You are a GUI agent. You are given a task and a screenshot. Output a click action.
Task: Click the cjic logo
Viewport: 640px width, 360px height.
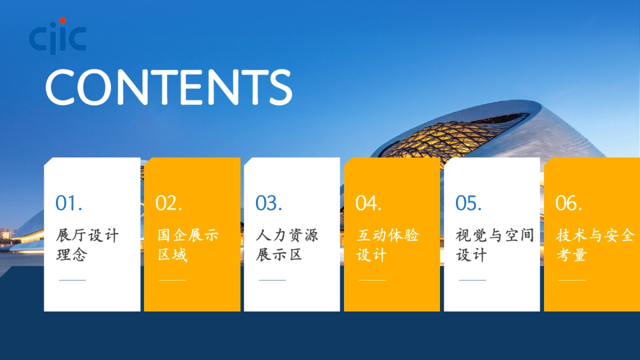coord(57,36)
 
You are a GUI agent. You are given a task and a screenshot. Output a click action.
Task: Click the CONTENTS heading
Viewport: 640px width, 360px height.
coord(169,86)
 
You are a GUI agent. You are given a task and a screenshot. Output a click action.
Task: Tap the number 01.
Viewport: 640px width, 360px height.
coord(69,203)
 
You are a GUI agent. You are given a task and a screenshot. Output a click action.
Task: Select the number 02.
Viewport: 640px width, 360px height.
coord(169,203)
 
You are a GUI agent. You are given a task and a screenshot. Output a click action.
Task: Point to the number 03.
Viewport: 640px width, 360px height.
coord(269,203)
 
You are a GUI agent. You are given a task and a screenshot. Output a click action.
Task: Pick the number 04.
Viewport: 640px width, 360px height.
coord(369,203)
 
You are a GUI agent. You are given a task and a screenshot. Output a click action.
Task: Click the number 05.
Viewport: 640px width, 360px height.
coord(469,203)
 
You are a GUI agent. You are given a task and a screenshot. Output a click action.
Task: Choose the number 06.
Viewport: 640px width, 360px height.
coord(569,203)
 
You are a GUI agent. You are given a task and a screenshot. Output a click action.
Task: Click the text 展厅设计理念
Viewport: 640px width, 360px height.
coord(87,245)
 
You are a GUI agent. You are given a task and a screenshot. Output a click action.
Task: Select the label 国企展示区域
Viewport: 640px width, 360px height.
coord(188,245)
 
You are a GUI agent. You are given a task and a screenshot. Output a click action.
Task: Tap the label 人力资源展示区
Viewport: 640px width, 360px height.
coord(287,245)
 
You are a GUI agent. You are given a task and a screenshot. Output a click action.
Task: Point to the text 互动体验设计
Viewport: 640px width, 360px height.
coord(388,245)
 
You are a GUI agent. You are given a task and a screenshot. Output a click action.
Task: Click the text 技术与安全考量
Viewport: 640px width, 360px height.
coord(595,245)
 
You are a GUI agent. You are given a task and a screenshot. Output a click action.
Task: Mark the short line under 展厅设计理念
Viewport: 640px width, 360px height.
coord(72,280)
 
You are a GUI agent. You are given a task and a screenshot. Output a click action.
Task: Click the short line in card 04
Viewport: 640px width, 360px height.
coord(372,280)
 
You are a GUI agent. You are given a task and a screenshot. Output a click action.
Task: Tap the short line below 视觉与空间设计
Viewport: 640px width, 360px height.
coord(472,280)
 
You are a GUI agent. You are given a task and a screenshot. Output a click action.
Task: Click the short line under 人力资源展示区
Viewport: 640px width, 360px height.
coord(272,280)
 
